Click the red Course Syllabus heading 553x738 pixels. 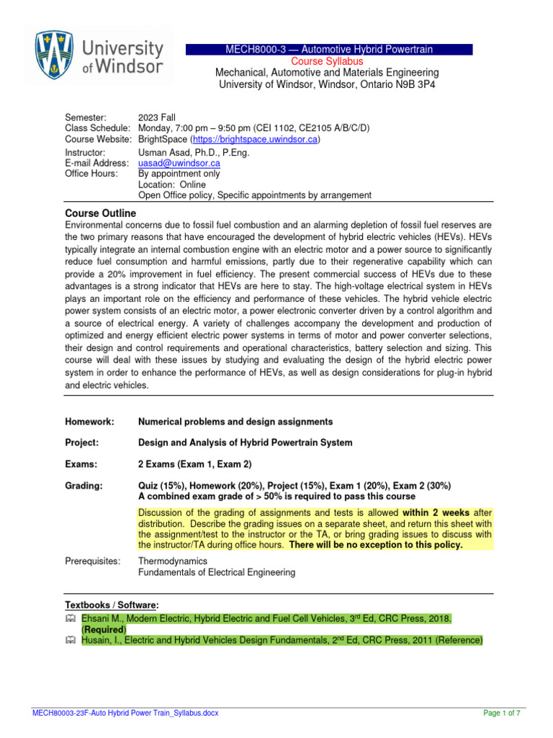pos(328,61)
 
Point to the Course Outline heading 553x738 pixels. pos(100,213)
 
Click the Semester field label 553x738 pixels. pos(86,117)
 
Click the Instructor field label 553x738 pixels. pos(86,153)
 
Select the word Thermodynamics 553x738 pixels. pos(173,561)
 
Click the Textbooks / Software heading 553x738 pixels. pos(112,604)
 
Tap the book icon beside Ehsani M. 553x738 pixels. pos(70,618)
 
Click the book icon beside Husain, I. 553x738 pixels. pos(70,640)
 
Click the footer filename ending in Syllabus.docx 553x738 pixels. pos(125,713)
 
